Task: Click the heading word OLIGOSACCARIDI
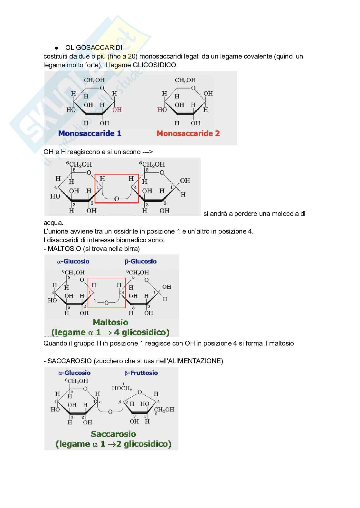tap(94, 48)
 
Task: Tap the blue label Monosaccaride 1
tap(90, 134)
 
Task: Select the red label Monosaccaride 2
tap(188, 134)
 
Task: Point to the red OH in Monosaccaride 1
tap(117, 110)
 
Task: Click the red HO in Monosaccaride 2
tap(162, 110)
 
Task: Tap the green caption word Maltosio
tap(110, 322)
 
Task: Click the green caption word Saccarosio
tap(113, 434)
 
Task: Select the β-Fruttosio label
tap(141, 373)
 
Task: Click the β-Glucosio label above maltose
tap(141, 262)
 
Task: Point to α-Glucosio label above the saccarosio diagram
tap(74, 373)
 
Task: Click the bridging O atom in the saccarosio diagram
tap(110, 412)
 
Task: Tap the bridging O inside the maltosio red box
tap(107, 302)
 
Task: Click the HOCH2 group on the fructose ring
tap(122, 388)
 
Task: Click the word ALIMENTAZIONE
tap(195, 361)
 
